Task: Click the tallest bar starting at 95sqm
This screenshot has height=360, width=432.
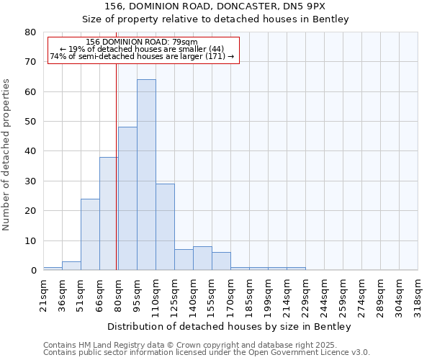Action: (146, 175)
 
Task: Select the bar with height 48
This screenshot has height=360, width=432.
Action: (127, 199)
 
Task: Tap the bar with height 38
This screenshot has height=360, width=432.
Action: (108, 214)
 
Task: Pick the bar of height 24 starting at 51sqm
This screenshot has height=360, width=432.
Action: (90, 235)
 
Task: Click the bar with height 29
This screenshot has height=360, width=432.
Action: (165, 227)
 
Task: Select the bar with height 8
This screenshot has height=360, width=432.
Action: (202, 258)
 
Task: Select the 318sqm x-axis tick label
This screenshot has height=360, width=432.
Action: (418, 293)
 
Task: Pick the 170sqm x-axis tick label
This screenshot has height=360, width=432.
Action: (231, 293)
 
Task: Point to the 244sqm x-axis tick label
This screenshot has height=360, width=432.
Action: (325, 293)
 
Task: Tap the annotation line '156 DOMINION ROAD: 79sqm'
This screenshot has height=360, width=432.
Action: (142, 42)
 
